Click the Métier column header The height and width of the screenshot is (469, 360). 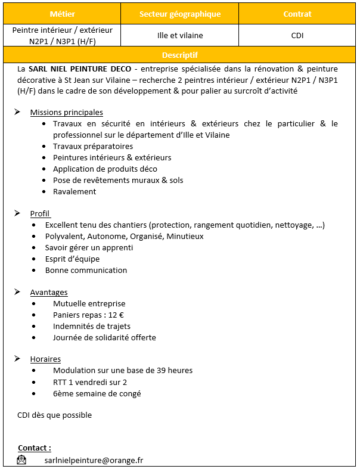tap(62, 14)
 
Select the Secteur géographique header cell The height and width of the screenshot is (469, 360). tap(179, 14)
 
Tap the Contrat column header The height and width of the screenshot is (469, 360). tap(297, 14)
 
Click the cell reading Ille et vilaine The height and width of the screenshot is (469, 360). tap(179, 35)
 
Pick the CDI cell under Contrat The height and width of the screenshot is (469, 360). tap(297, 35)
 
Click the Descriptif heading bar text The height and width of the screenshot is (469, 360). tap(179, 55)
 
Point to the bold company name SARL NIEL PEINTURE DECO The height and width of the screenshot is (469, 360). tap(77, 69)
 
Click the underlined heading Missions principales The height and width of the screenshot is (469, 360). tap(66, 112)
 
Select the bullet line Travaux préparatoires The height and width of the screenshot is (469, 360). tap(92, 146)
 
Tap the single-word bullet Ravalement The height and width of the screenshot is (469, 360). tap(74, 191)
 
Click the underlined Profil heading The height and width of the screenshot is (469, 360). tap(40, 213)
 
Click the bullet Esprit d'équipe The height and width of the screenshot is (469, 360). tap(72, 259)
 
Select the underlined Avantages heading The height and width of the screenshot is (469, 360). tap(49, 292)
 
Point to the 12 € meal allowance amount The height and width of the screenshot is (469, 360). tap(116, 315)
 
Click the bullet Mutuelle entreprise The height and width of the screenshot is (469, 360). tap(89, 303)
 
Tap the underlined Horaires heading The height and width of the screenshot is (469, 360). tap(45, 359)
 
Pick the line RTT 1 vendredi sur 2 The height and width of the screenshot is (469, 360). tap(89, 382)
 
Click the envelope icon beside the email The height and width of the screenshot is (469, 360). tap(22, 459)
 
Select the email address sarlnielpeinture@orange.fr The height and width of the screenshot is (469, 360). tap(94, 460)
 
